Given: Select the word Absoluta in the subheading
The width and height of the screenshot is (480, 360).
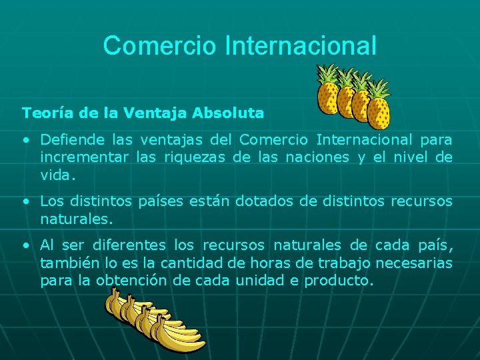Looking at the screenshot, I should [x=228, y=113].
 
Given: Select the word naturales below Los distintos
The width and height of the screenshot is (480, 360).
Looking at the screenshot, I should [x=74, y=219].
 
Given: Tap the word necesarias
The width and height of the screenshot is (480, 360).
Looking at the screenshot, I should [x=415, y=263].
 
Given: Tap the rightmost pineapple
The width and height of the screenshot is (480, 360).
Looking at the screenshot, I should [x=379, y=107].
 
